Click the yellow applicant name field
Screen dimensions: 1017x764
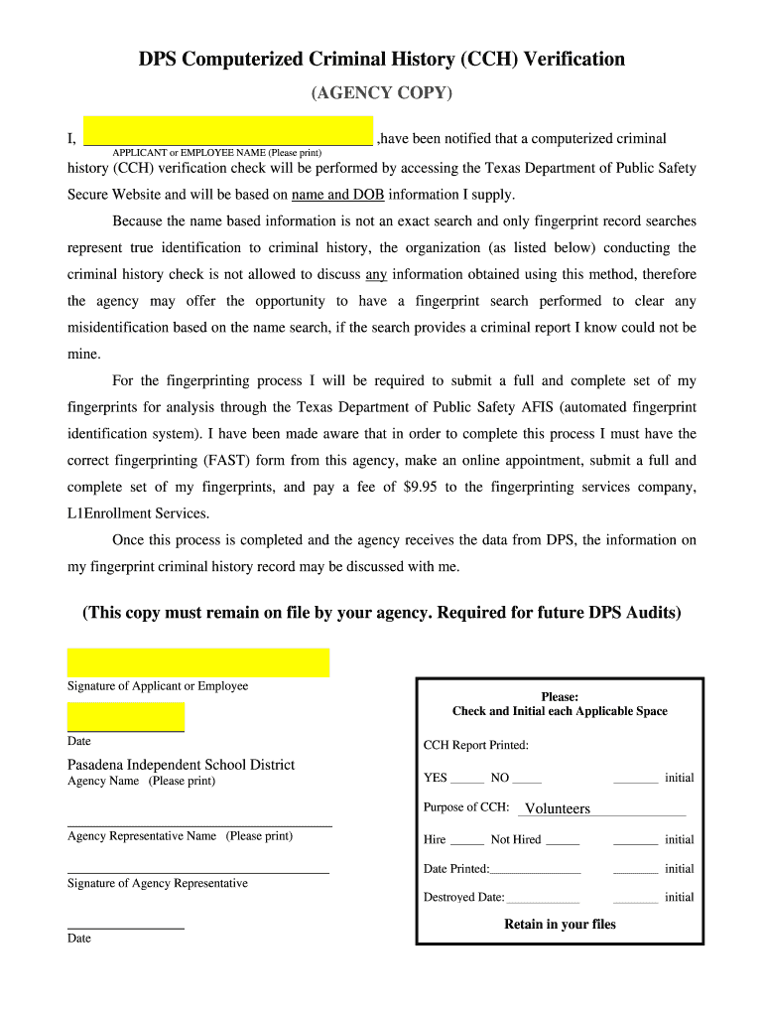click(x=227, y=130)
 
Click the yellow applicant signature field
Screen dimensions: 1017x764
click(x=197, y=662)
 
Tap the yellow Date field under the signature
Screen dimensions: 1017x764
click(x=126, y=716)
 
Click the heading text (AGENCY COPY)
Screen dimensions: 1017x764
click(x=382, y=93)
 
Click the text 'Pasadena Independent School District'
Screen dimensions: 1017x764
click(x=181, y=764)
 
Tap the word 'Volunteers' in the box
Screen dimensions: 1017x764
click(x=557, y=808)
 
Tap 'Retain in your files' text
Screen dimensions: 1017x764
click(x=560, y=924)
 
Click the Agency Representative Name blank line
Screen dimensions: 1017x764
click(x=199, y=824)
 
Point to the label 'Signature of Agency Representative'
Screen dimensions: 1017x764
click(x=158, y=883)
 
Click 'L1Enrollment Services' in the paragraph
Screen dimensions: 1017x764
click(x=138, y=513)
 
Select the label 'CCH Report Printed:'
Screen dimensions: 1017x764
click(x=476, y=745)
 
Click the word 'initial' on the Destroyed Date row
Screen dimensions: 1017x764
click(x=679, y=897)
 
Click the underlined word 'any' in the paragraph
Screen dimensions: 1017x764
click(x=376, y=274)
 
